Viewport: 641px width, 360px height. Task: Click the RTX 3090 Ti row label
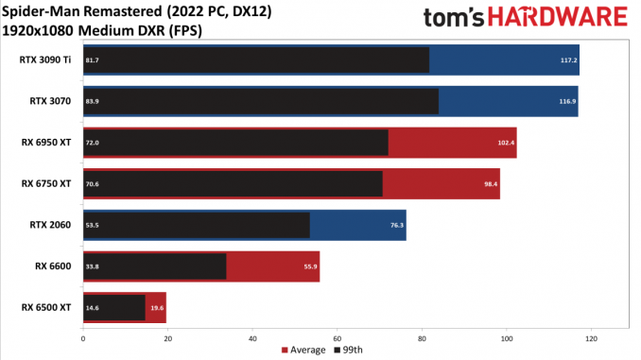pos(45,60)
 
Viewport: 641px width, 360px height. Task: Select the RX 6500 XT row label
pos(46,307)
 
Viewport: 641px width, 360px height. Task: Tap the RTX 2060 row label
pos(50,225)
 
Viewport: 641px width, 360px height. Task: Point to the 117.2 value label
pos(568,60)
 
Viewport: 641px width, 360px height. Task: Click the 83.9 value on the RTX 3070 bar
pos(92,101)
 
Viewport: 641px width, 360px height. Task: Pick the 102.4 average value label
pos(506,143)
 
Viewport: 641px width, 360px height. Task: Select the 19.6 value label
pos(157,308)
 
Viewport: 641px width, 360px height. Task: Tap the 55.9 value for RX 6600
pos(310,266)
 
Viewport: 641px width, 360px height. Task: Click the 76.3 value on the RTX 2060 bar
pos(397,225)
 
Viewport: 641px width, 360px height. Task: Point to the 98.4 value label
pos(491,184)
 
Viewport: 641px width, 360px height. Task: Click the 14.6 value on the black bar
pos(92,308)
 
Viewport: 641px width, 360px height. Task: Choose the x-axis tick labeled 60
pos(338,339)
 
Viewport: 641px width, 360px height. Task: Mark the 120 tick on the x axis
pos(591,339)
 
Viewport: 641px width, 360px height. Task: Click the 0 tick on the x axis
pos(83,339)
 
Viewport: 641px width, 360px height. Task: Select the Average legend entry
pos(303,351)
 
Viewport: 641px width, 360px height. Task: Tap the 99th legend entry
pos(349,351)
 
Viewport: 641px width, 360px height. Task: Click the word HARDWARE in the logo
pos(558,17)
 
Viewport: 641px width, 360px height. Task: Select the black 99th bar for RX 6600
pos(155,266)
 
